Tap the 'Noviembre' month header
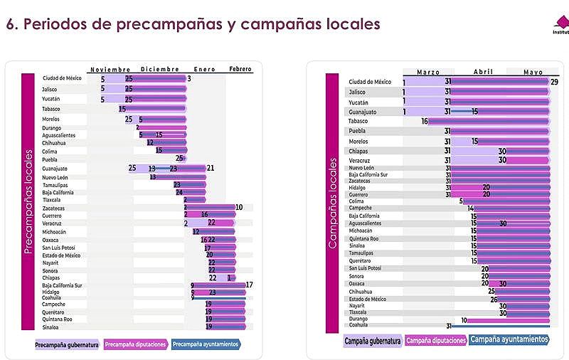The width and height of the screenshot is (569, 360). coord(110,69)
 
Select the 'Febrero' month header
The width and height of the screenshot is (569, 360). coord(240,69)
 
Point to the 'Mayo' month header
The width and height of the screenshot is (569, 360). coord(533,72)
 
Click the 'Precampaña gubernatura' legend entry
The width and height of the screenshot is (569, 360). coord(67,344)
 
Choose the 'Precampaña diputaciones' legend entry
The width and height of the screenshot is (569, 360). coord(136,344)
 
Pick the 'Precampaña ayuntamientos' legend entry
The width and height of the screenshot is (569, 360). coord(206,344)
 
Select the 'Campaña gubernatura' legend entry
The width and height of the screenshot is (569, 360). coord(372,342)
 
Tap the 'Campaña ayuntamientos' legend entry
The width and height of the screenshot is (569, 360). coord(509,340)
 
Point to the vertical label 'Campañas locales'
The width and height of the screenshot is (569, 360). coord(331,201)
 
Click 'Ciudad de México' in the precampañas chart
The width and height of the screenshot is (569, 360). coord(62,78)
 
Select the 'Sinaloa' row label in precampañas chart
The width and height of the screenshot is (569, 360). coord(51,327)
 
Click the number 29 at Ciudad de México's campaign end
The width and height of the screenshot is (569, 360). coord(554,82)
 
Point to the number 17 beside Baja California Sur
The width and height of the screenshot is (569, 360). coord(249,285)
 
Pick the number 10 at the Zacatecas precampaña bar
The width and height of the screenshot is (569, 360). coord(239,207)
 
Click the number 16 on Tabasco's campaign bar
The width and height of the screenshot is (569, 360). coord(424,122)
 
